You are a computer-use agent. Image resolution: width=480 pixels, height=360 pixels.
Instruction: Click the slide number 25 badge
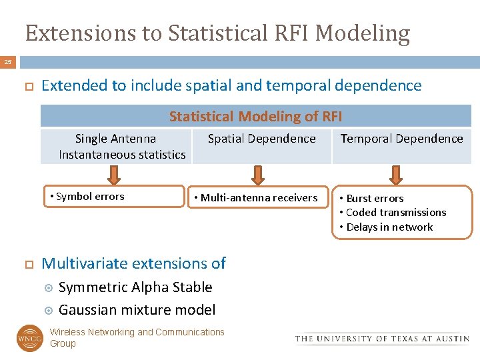[x=8, y=62]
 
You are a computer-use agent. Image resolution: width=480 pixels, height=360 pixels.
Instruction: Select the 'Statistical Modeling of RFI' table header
[x=255, y=117]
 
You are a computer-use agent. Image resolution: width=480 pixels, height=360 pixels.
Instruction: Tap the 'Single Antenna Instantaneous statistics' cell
[x=116, y=147]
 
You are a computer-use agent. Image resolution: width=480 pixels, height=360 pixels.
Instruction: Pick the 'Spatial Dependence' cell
[x=261, y=139]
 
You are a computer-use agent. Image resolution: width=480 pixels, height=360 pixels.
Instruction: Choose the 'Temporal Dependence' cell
[x=401, y=139]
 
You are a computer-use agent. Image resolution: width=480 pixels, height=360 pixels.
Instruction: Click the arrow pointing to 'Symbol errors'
[x=115, y=175]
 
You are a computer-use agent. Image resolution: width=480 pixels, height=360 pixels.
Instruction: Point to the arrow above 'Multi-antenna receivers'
[x=257, y=175]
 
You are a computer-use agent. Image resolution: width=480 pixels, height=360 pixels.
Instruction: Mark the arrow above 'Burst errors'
[x=396, y=175]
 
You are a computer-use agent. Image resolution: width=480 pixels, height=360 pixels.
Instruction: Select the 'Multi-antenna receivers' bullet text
[x=259, y=198]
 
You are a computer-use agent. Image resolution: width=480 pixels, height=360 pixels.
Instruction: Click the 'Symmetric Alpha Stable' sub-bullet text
[x=135, y=287]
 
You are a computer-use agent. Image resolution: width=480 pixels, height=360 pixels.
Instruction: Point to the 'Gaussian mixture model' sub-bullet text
[x=137, y=310]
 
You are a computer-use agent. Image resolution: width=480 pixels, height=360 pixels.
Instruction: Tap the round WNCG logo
[x=29, y=338]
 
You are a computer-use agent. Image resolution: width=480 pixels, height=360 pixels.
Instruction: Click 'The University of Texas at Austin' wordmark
[x=382, y=339]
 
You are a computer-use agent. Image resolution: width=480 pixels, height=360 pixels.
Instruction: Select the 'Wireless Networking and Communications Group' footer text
[x=137, y=337]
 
